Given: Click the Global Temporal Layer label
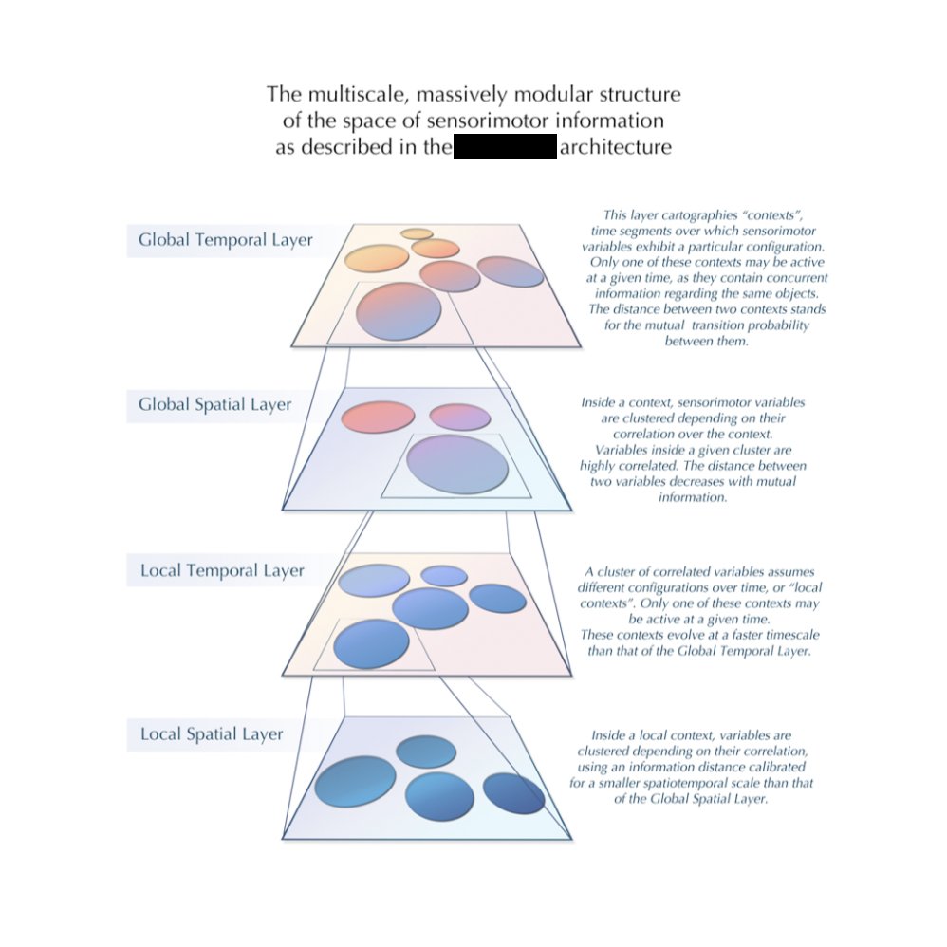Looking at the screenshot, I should click(225, 240).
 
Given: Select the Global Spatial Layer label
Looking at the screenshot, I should click(214, 405).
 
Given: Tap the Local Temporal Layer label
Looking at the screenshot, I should click(222, 571).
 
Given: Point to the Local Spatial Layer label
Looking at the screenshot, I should click(212, 734).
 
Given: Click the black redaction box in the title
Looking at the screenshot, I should click(504, 148).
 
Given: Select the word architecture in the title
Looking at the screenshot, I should click(616, 148).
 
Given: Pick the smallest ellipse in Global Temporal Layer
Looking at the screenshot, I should click(417, 233).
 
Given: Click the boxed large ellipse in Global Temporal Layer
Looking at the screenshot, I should click(399, 310).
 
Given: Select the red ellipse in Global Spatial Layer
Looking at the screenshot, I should click(378, 418).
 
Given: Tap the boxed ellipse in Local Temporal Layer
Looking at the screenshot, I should click(371, 644).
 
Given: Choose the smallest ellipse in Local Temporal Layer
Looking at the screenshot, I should click(444, 575).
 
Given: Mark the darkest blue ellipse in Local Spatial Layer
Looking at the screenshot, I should click(513, 793).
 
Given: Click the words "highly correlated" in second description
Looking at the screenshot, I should click(618, 466).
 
